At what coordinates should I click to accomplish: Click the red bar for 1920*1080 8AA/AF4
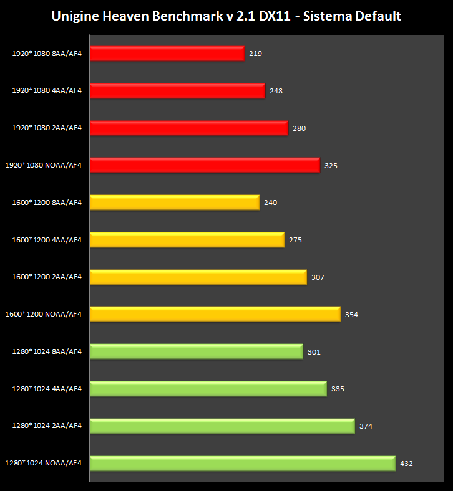[167, 54]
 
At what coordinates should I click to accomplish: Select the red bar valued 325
[205, 165]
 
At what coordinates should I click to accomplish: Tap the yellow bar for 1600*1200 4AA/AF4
[187, 239]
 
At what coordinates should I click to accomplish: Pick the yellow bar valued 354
[215, 314]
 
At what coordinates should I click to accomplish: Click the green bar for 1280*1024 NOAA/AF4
[242, 463]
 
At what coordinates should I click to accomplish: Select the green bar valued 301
[196, 351]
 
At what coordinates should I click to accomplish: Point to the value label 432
[406, 464]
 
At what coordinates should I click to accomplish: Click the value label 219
[255, 54]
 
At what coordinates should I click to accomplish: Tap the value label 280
[299, 128]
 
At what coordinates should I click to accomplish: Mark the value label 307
[318, 277]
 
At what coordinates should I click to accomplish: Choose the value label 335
[338, 389]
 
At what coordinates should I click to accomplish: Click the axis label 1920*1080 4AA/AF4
[47, 90]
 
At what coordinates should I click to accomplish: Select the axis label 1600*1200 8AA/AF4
[47, 202]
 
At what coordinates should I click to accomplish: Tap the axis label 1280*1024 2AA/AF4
[47, 426]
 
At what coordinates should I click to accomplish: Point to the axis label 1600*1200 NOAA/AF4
[44, 314]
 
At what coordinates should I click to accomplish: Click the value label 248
[276, 91]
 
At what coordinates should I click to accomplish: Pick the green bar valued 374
[222, 426]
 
